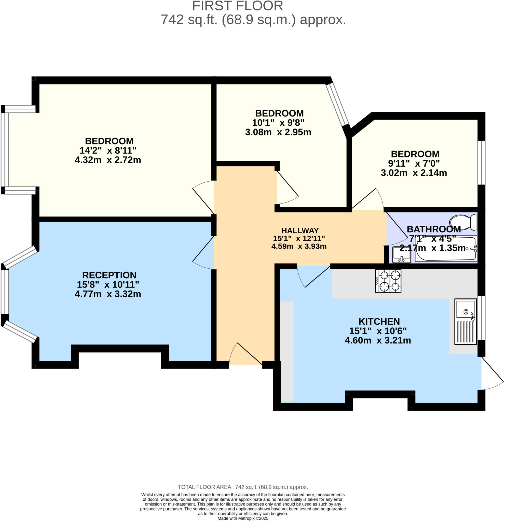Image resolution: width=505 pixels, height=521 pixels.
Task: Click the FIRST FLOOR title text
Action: (237, 6)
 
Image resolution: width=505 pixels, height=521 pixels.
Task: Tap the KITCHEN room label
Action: (379, 321)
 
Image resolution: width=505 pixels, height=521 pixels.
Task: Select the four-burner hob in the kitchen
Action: (388, 281)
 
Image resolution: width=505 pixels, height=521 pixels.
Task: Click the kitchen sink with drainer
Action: (465, 322)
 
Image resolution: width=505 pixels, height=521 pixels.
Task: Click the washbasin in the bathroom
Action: (402, 255)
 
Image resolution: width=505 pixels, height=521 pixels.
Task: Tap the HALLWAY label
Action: (300, 230)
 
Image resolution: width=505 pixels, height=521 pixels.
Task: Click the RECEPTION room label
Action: (109, 275)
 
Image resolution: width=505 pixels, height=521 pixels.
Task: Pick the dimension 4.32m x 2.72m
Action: (108, 160)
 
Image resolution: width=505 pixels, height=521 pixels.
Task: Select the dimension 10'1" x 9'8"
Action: (278, 123)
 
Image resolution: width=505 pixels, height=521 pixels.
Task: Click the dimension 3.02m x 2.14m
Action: (414, 173)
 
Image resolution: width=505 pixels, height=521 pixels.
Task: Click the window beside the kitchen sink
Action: (481, 318)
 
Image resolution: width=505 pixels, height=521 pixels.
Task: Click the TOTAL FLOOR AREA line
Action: (243, 487)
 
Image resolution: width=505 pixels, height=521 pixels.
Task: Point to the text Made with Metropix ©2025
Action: (243, 518)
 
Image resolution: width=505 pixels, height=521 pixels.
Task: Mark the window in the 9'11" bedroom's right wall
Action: (481, 162)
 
